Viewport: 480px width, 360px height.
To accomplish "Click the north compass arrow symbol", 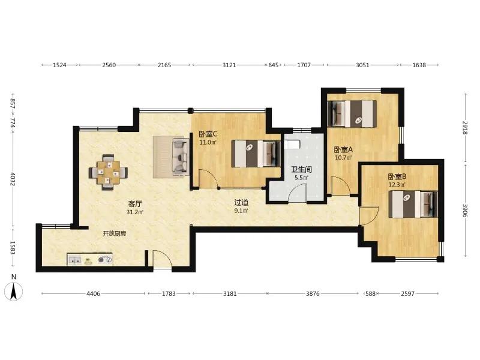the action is tap(13, 291).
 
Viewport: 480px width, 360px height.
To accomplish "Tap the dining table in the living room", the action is tap(108, 172).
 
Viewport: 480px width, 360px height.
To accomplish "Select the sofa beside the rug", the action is tap(181, 157).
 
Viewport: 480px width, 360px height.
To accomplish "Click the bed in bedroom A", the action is tap(352, 113).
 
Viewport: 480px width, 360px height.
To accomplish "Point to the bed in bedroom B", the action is tap(413, 204).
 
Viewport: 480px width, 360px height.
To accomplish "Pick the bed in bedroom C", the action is tap(256, 154).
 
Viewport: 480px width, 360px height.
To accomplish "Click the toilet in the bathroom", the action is tap(292, 144).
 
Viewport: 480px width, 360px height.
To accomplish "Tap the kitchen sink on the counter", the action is tap(74, 260).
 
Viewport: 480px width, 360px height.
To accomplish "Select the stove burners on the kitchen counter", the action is tap(104, 260).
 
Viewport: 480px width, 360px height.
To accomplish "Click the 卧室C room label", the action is tap(208, 134).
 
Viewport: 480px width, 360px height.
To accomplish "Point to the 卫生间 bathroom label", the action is tap(301, 169).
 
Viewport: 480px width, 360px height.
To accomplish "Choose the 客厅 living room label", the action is tap(134, 203).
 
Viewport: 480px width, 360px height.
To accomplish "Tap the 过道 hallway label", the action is tap(241, 202).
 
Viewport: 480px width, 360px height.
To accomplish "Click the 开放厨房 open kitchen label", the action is tap(114, 233).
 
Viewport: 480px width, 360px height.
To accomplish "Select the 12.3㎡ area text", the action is tap(397, 185).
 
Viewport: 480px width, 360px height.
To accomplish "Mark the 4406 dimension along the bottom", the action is tap(94, 293).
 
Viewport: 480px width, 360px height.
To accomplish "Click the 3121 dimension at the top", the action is tap(229, 65).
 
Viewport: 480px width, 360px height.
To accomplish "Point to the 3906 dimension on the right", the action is tap(466, 211).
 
